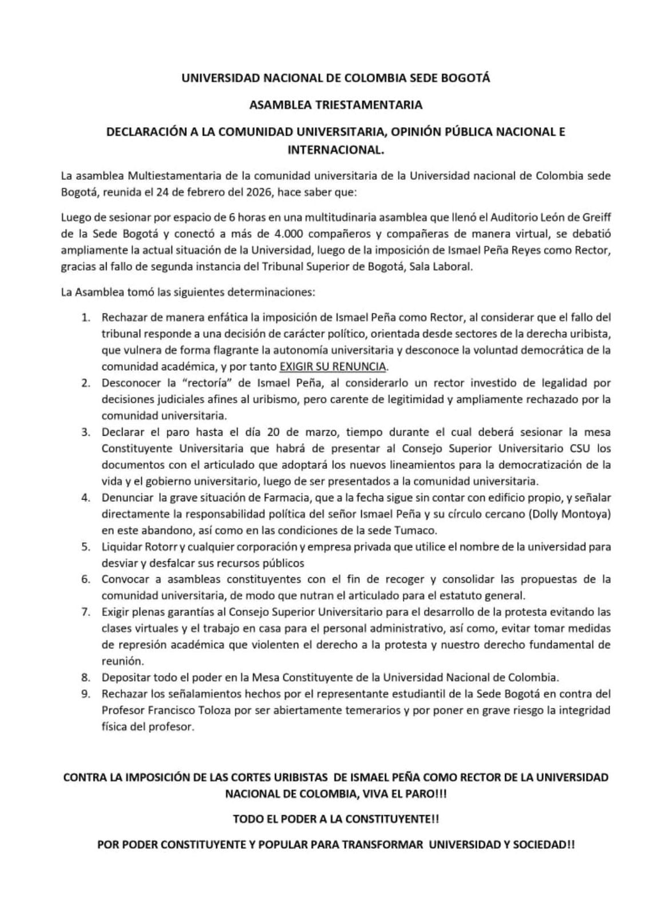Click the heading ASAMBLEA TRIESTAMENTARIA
click(336, 105)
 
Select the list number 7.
click(86, 612)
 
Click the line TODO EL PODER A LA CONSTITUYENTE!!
click(336, 819)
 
